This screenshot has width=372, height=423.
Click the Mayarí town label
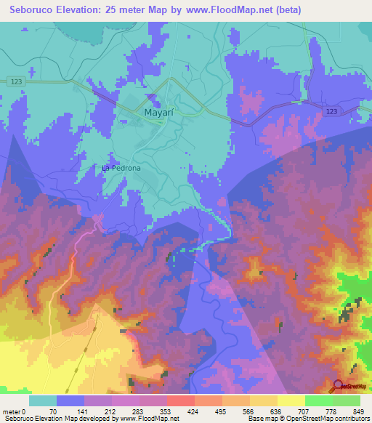coord(142,114)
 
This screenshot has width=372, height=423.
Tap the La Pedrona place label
coord(121,168)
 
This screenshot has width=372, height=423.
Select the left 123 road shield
coord(17,83)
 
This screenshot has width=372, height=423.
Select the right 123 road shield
coord(331,110)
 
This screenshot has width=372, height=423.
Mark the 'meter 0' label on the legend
coord(15,411)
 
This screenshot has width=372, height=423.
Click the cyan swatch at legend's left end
coord(43,400)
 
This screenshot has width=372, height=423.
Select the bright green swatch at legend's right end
coord(346,400)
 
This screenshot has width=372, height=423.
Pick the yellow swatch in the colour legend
coord(291,400)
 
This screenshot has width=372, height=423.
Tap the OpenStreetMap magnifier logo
coord(339,385)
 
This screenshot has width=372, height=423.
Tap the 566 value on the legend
coord(250,411)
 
